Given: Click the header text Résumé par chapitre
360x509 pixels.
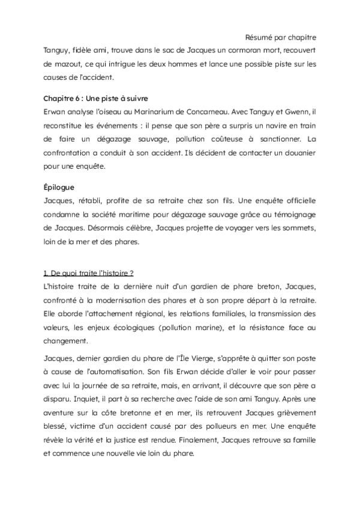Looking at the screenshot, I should pyautogui.click(x=282, y=37).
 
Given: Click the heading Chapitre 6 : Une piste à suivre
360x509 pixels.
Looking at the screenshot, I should pyautogui.click(x=95, y=98).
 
